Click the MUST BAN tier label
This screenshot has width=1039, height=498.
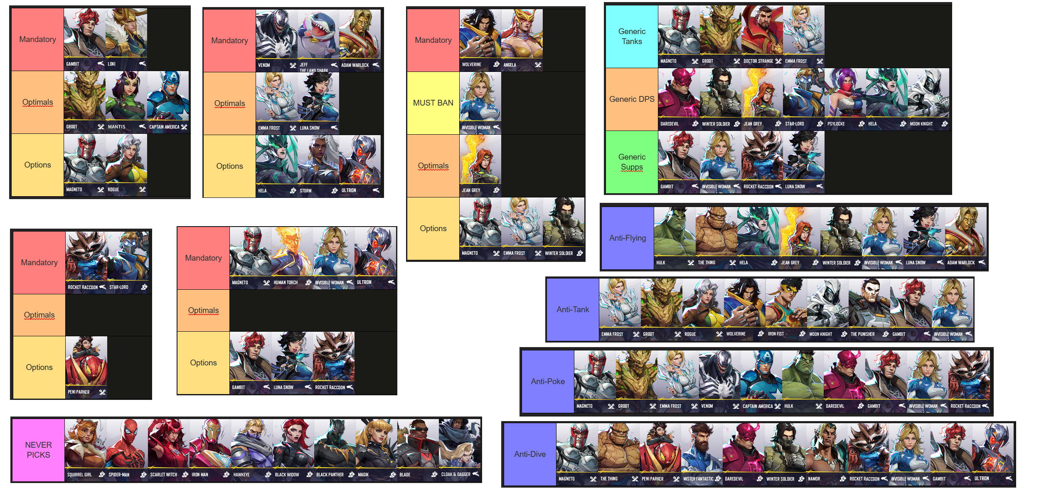pyautogui.click(x=433, y=103)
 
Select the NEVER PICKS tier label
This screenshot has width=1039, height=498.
pyautogui.click(x=38, y=450)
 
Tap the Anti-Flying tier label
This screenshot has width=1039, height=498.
pyautogui.click(x=628, y=238)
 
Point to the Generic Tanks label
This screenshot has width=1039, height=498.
pyautogui.click(x=632, y=37)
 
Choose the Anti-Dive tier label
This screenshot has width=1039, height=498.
pyautogui.click(x=530, y=454)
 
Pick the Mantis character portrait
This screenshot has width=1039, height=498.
pyautogui.click(x=126, y=101)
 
